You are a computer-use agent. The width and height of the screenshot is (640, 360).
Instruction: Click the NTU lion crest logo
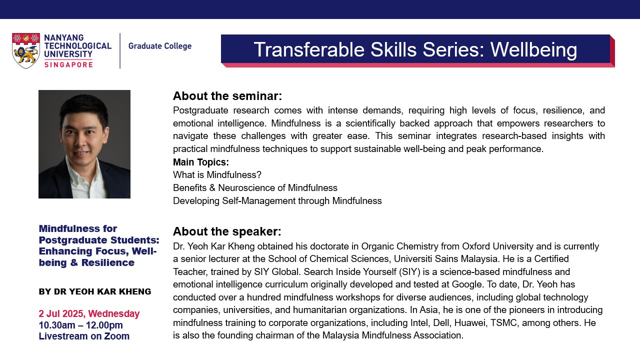point(25,50)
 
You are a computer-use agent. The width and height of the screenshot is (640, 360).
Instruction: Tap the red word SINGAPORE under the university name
point(68,65)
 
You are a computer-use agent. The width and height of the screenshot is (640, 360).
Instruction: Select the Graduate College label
point(159,46)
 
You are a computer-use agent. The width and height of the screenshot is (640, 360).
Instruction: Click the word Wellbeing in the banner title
point(533,50)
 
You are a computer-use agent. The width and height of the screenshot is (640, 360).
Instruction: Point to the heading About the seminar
point(227,96)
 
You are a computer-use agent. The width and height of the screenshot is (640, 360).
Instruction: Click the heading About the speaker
point(227,231)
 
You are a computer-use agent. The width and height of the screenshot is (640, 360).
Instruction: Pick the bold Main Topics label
point(201,162)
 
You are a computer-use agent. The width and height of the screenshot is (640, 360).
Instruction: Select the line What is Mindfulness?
point(217,174)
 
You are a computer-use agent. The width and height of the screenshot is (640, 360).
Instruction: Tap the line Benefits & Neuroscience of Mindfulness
point(255,187)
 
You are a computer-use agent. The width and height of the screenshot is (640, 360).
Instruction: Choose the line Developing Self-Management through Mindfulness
point(277,201)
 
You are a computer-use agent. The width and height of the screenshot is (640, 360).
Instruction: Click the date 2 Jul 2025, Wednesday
point(89,313)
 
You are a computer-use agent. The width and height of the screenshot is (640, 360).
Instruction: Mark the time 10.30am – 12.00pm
point(81,325)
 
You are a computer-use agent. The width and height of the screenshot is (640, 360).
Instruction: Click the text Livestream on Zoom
point(84,336)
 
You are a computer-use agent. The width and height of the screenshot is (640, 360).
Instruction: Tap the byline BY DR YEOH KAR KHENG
point(95,291)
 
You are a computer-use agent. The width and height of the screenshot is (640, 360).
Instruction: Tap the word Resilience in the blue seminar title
point(107,262)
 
